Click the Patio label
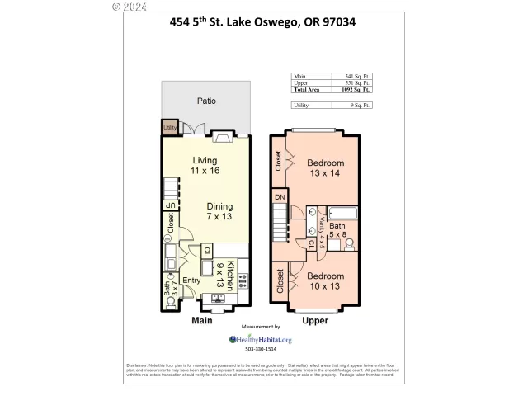click(x=206, y=101)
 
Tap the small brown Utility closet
click(x=169, y=128)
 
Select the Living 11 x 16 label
click(x=205, y=165)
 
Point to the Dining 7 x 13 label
click(x=219, y=212)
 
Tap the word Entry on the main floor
click(x=191, y=281)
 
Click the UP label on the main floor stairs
click(x=170, y=205)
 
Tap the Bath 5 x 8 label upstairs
click(x=337, y=229)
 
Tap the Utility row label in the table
click(x=302, y=105)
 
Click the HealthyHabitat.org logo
click(x=260, y=339)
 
